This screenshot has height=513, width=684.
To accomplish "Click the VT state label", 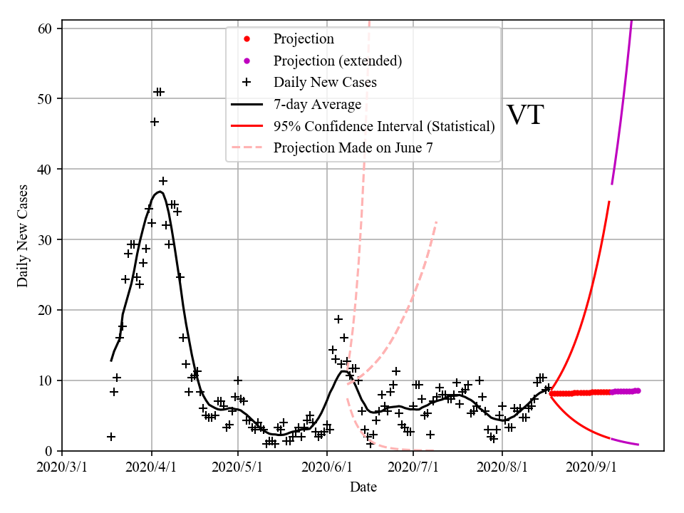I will (525, 115).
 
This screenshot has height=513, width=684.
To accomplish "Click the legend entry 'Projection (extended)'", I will (338, 61).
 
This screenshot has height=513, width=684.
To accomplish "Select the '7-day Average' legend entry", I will (317, 104).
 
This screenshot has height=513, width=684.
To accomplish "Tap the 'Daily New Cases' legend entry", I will (325, 82).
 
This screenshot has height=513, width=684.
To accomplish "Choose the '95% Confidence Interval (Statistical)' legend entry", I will (383, 126).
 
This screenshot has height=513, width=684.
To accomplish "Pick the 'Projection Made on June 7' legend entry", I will (353, 147).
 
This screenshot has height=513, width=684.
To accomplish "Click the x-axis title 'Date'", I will (363, 487).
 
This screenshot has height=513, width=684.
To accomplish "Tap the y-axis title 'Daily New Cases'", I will (23, 236).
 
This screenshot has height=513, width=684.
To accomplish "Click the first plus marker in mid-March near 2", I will (111, 437).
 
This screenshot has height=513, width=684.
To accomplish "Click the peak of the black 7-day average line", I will (160, 191).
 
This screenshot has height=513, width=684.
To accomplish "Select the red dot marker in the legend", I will (247, 39).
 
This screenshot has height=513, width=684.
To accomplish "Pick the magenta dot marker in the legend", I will (247, 61).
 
